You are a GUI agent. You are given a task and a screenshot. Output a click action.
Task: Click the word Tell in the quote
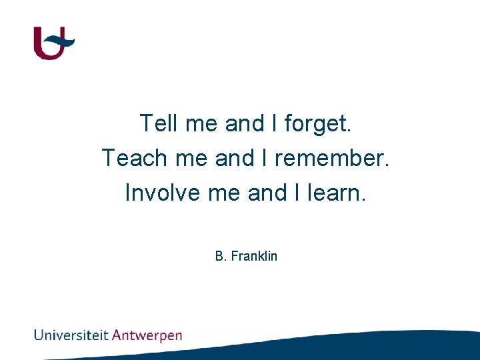pos(158,123)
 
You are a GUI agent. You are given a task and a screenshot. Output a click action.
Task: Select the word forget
pos(318,124)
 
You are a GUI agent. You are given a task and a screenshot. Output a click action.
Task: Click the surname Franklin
pos(254,256)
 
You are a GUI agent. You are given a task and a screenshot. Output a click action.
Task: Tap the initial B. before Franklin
pos(221,256)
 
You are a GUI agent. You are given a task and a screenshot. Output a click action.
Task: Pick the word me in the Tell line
pos(202,124)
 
